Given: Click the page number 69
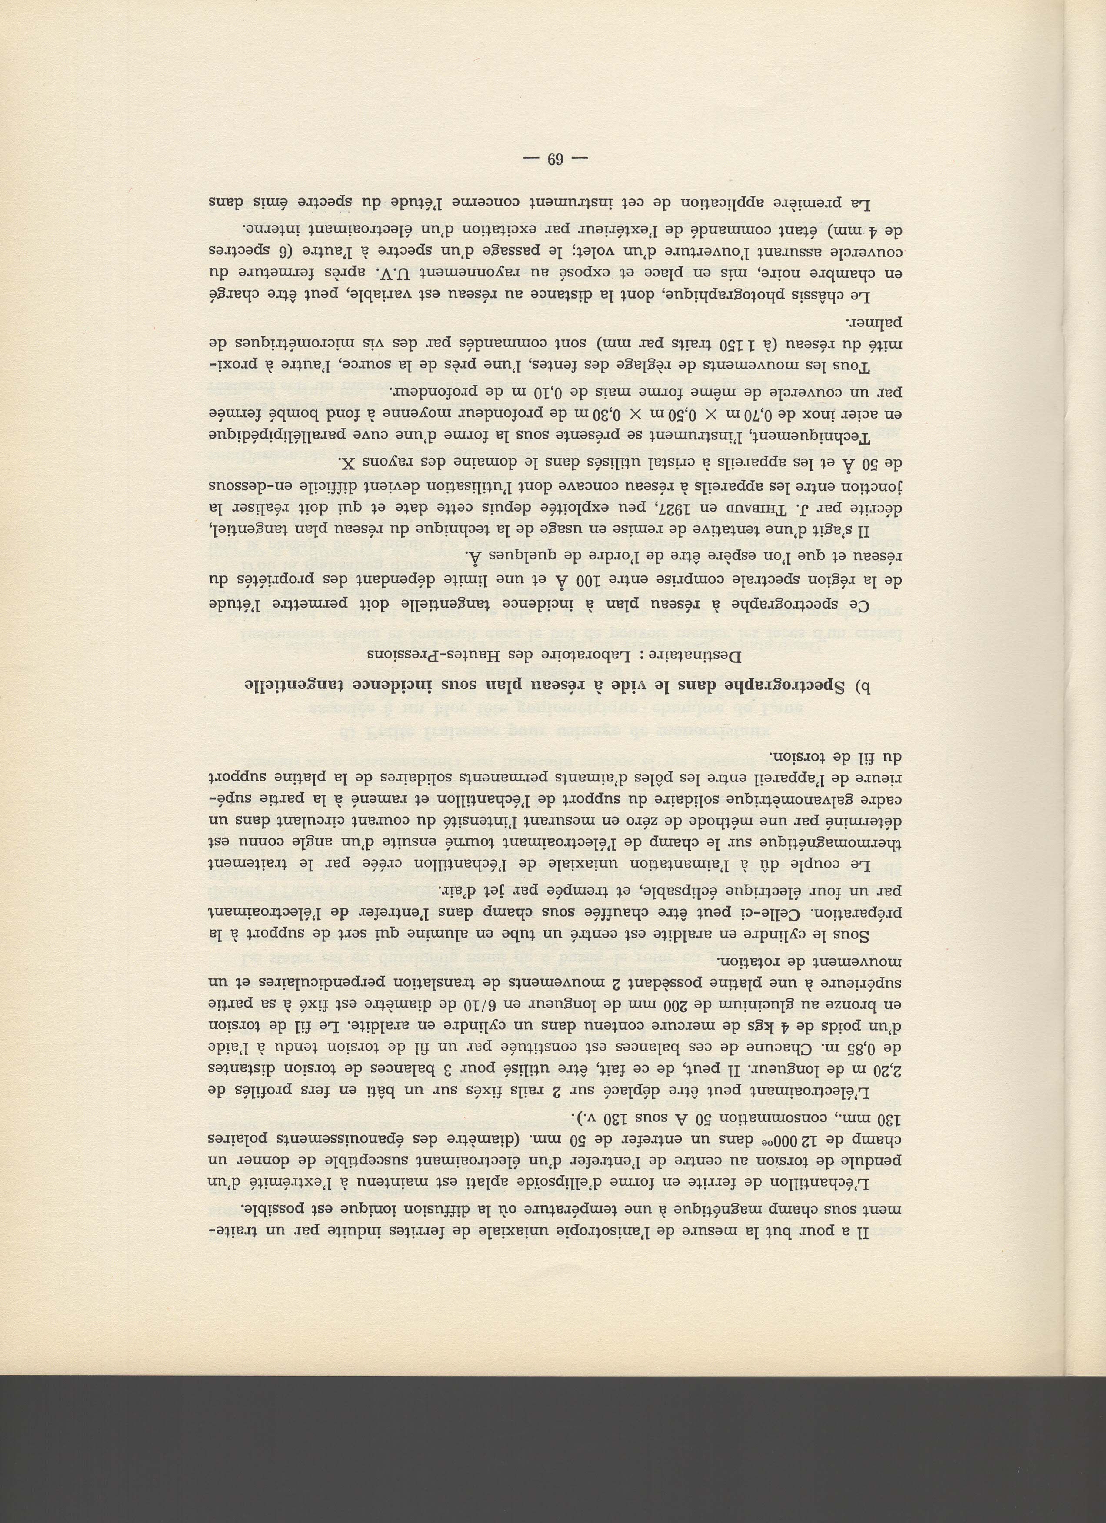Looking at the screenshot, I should point(555,160).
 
